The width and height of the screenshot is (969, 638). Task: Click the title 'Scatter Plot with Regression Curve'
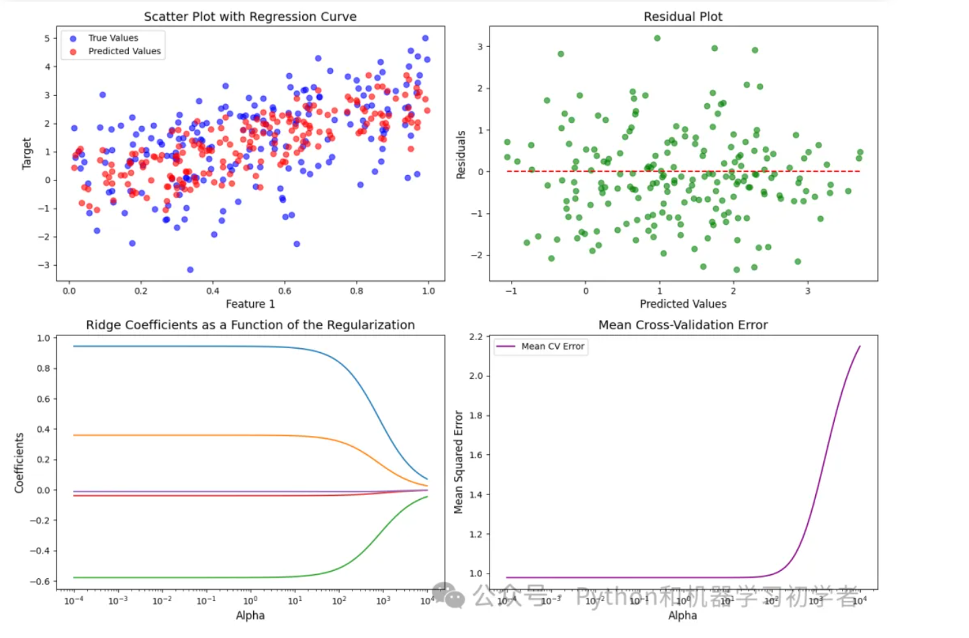click(x=250, y=17)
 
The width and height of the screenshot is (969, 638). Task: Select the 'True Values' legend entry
click(x=113, y=38)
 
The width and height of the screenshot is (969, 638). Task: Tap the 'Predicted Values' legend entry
click(x=124, y=51)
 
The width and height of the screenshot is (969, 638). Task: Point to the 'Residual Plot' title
click(x=683, y=17)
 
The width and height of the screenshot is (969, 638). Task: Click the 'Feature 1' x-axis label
click(x=250, y=304)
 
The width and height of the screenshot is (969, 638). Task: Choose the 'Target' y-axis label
click(x=27, y=153)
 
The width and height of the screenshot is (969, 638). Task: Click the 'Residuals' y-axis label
click(x=461, y=154)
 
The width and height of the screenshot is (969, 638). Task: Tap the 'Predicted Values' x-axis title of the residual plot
click(x=683, y=304)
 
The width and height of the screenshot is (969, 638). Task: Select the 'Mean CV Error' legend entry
click(x=552, y=346)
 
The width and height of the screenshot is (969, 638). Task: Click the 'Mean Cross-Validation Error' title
click(x=683, y=325)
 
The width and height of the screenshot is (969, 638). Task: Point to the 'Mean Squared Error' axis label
click(x=459, y=462)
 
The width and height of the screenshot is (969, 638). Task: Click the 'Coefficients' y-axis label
click(x=19, y=463)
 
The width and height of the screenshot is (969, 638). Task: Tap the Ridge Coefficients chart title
click(x=250, y=325)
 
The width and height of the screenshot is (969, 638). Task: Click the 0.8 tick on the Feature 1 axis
click(x=357, y=291)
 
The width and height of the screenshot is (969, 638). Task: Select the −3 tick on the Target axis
click(x=44, y=265)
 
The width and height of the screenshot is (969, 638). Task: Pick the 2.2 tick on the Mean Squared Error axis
click(x=475, y=337)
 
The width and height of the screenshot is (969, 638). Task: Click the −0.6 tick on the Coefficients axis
click(x=40, y=582)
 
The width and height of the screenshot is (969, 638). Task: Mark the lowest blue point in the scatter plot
click(x=190, y=270)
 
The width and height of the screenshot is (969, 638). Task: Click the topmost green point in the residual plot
click(x=657, y=38)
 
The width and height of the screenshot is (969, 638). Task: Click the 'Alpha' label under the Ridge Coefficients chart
click(x=250, y=615)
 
